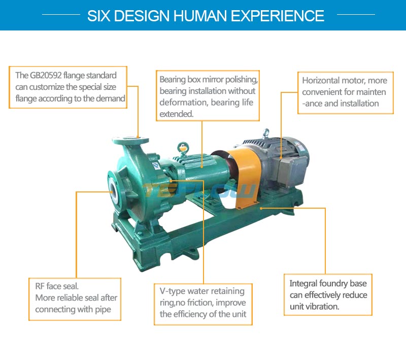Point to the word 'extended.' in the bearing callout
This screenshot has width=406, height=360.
tap(176, 114)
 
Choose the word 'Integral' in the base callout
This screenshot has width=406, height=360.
tap(303, 283)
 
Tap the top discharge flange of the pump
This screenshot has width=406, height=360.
tap(130, 141)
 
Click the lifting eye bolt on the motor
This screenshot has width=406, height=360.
tap(266, 134)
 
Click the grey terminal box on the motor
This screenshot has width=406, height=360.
tap(290, 171)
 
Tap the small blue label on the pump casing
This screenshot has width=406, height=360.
tap(156, 166)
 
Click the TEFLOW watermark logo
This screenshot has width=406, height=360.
tap(199, 190)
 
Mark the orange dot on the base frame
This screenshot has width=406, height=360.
tap(261, 208)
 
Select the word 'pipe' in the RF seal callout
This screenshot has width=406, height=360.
tap(103, 310)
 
